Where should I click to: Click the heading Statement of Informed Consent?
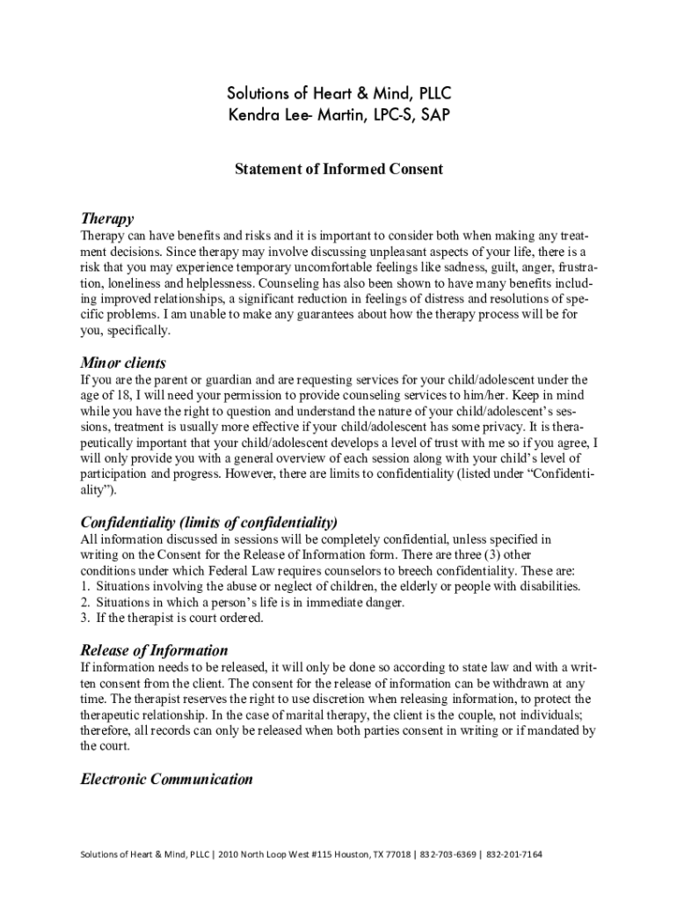point(338,169)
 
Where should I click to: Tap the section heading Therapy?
point(107,218)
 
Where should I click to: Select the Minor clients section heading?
point(123,363)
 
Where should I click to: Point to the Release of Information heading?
point(154,650)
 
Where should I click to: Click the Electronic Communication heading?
point(166,779)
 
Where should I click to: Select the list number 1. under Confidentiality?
point(84,586)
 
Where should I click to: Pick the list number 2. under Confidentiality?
point(84,602)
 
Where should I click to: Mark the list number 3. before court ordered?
point(84,618)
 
